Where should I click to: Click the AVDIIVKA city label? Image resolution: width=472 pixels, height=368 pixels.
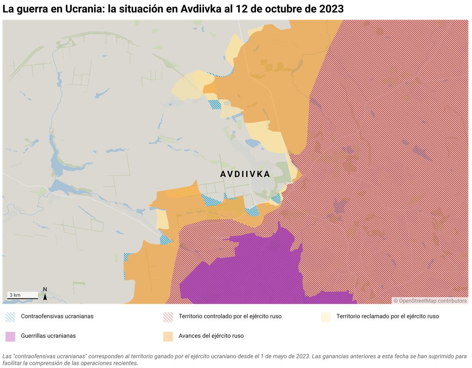[x=245, y=174]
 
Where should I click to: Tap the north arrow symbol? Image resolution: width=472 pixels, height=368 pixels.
[x=45, y=297]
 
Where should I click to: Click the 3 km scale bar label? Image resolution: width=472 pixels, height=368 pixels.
[x=15, y=295]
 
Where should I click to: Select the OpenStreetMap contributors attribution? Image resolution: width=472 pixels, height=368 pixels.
[x=431, y=301]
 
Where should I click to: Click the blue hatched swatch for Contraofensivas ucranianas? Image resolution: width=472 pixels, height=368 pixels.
[x=11, y=317]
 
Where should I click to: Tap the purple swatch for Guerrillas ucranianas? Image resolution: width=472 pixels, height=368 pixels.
[x=11, y=337]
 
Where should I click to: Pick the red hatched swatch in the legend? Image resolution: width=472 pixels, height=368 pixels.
[x=168, y=317]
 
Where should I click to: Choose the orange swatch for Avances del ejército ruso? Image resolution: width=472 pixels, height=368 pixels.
[x=168, y=337]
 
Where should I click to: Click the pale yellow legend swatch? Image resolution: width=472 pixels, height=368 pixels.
[x=326, y=317]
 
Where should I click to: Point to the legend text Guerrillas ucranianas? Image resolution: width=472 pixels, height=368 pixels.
[x=48, y=336]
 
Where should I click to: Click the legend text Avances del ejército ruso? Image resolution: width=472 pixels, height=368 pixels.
[x=211, y=336]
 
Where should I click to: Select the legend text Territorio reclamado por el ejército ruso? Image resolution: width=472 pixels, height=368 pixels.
[x=387, y=316]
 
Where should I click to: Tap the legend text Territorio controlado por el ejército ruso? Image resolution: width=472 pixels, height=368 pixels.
[x=230, y=316]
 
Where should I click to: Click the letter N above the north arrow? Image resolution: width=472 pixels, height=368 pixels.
[x=45, y=289]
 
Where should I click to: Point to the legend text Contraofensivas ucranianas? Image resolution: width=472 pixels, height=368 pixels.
[x=57, y=316]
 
